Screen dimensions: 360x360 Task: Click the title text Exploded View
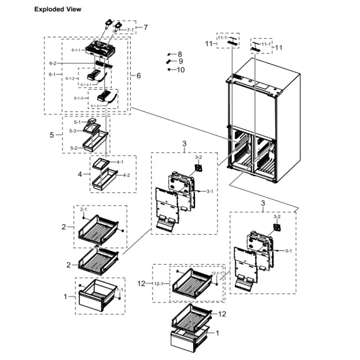tap(57, 10)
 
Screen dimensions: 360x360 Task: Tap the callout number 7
tap(145, 27)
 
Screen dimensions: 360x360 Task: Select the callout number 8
tap(180, 55)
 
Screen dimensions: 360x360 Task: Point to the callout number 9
tap(181, 62)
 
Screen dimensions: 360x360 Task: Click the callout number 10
tap(181, 70)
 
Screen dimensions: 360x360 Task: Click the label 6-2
tap(54, 64)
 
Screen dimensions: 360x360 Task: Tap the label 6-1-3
tap(79, 98)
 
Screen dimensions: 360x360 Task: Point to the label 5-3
tap(73, 131)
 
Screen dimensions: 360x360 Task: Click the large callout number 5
tap(52, 135)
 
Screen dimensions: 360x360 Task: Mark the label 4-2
tap(126, 175)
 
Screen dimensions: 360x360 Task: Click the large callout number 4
tap(80, 174)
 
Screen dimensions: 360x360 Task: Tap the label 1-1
tap(120, 290)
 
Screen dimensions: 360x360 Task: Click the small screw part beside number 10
tap(169, 70)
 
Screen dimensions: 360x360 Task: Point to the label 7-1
tap(130, 29)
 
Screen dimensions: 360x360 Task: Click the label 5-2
tap(74, 148)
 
